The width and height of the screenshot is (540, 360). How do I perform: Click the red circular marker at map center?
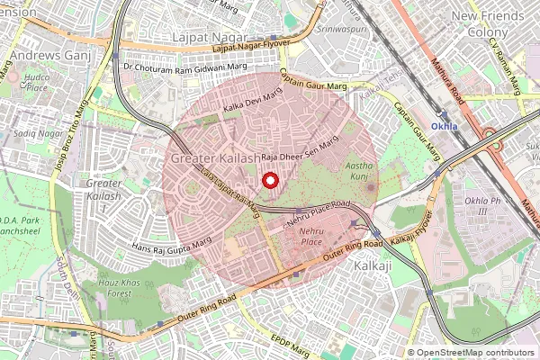point(269,180)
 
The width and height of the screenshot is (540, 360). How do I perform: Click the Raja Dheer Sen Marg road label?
point(291,154)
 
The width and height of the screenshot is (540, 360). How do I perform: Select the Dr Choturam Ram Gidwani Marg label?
point(186,67)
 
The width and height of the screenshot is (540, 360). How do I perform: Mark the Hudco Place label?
point(36,84)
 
